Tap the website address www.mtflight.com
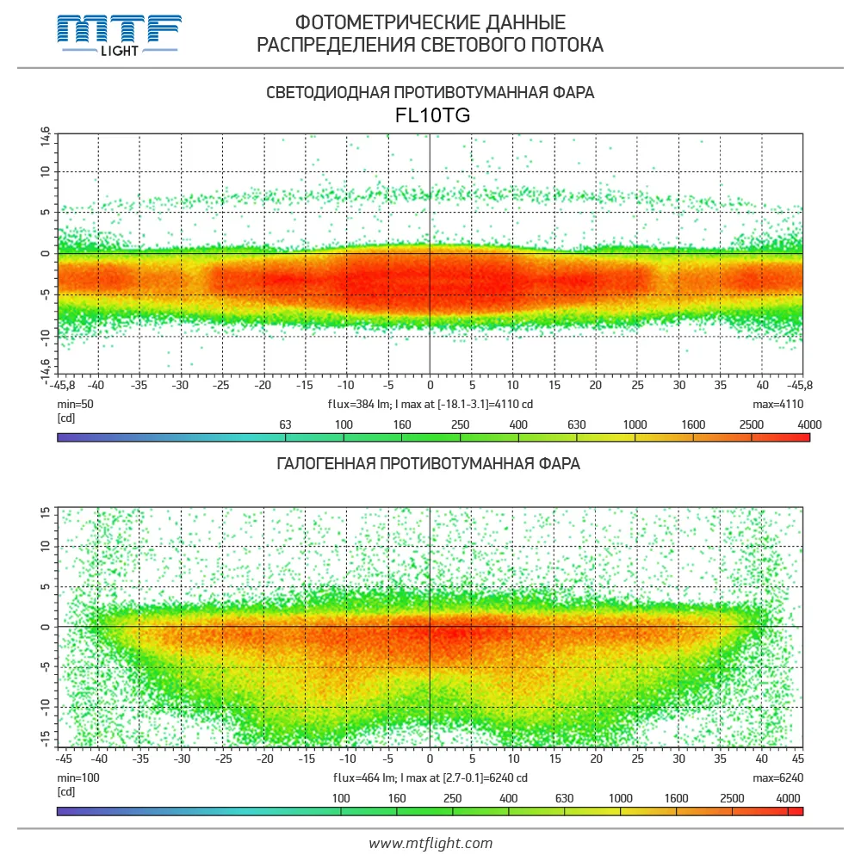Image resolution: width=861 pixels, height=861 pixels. (x=430, y=843)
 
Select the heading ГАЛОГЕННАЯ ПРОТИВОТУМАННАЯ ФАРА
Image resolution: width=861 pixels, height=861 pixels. (x=429, y=464)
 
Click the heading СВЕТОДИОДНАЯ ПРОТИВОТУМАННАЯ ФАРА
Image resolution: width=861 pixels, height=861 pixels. (x=430, y=92)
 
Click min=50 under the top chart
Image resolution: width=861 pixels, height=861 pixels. (x=75, y=404)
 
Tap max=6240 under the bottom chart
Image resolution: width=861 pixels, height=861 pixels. (x=777, y=777)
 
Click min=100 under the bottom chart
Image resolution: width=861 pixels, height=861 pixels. (x=77, y=777)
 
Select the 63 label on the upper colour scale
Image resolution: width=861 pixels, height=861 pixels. (x=287, y=424)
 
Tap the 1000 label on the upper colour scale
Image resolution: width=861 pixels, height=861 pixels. (x=635, y=424)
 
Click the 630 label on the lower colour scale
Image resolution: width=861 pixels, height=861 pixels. (x=564, y=798)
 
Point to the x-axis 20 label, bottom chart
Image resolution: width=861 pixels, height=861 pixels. (x=596, y=759)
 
